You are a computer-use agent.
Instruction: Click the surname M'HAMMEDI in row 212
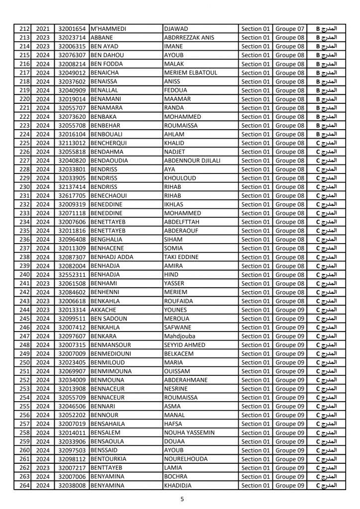point(108,29)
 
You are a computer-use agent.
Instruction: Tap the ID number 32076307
point(72,55)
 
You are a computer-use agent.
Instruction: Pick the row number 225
point(23,143)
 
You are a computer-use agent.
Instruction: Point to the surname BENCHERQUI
point(110,143)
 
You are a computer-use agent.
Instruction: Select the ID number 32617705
point(72,195)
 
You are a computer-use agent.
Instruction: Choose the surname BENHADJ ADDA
point(113,257)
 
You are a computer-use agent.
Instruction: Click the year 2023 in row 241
point(43,283)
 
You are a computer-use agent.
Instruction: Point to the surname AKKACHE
point(104,310)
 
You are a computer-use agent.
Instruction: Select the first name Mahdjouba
point(180,336)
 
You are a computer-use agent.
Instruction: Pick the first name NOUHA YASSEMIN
point(189,432)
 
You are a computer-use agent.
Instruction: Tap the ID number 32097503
point(72,450)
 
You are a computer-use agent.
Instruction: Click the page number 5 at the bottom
point(182,499)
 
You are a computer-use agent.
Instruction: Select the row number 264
point(23,485)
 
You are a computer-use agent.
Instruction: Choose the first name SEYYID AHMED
point(184,345)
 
